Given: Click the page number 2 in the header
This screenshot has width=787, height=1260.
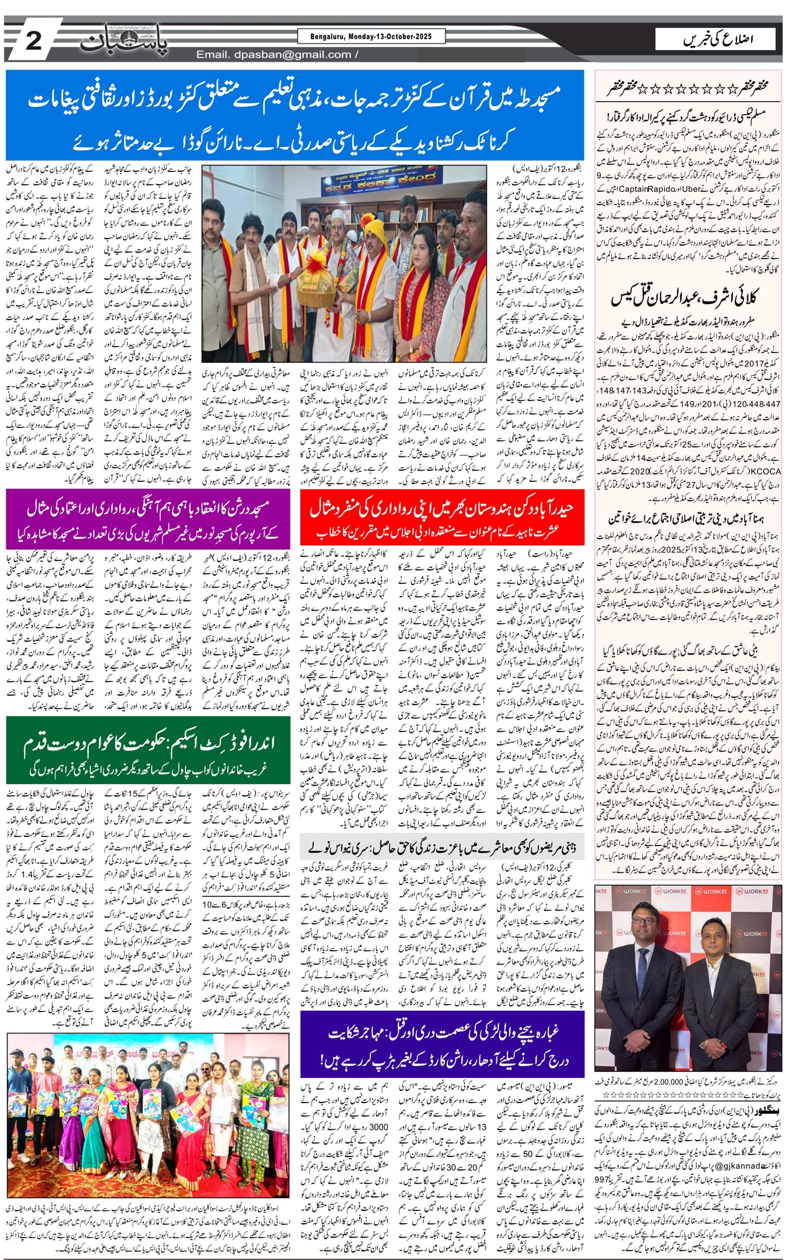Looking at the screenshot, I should (x=33, y=41).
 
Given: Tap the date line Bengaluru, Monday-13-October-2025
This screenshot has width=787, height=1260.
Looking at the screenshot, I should (x=372, y=36).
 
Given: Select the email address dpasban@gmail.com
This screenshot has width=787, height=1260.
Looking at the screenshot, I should (x=274, y=55).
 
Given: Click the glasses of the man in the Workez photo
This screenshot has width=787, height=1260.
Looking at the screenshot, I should (x=646, y=920).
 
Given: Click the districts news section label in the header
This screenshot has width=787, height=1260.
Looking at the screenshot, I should (x=718, y=39).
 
